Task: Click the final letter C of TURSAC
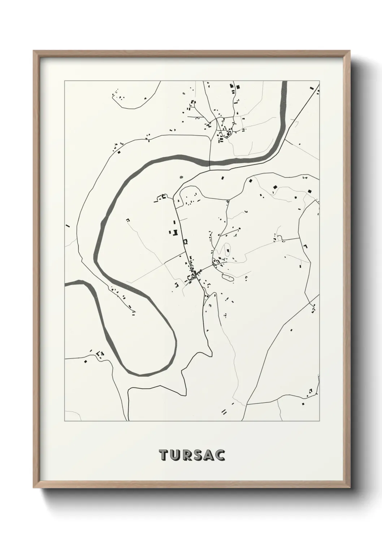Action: (220, 455)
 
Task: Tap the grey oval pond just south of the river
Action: (182, 177)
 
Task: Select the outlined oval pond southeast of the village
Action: (228, 278)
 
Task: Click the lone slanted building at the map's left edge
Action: (68, 226)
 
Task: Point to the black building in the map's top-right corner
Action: (311, 87)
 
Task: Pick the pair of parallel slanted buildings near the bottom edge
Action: (224, 411)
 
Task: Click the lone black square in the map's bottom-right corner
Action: (303, 403)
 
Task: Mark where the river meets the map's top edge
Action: (284, 82)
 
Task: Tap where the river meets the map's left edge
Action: (66, 284)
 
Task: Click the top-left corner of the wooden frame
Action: (34, 51)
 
